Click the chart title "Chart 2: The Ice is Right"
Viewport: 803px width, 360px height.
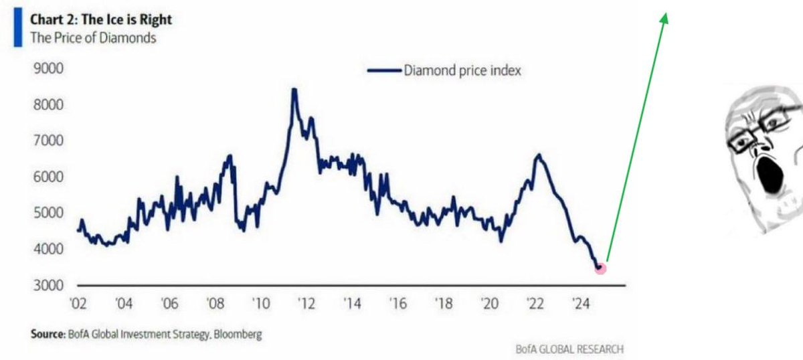click(x=101, y=19)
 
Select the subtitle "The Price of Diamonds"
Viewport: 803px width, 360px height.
click(x=93, y=37)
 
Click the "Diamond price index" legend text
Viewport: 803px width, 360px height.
click(x=462, y=70)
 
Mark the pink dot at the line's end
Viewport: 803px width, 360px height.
click(x=600, y=268)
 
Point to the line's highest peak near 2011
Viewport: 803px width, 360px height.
click(x=293, y=90)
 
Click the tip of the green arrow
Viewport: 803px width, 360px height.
click(x=665, y=15)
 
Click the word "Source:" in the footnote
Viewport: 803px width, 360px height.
click(x=47, y=334)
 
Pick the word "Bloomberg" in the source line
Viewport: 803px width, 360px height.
click(x=238, y=334)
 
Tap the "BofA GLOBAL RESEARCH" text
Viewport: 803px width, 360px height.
click(x=569, y=349)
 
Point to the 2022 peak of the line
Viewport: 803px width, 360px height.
click(x=539, y=155)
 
